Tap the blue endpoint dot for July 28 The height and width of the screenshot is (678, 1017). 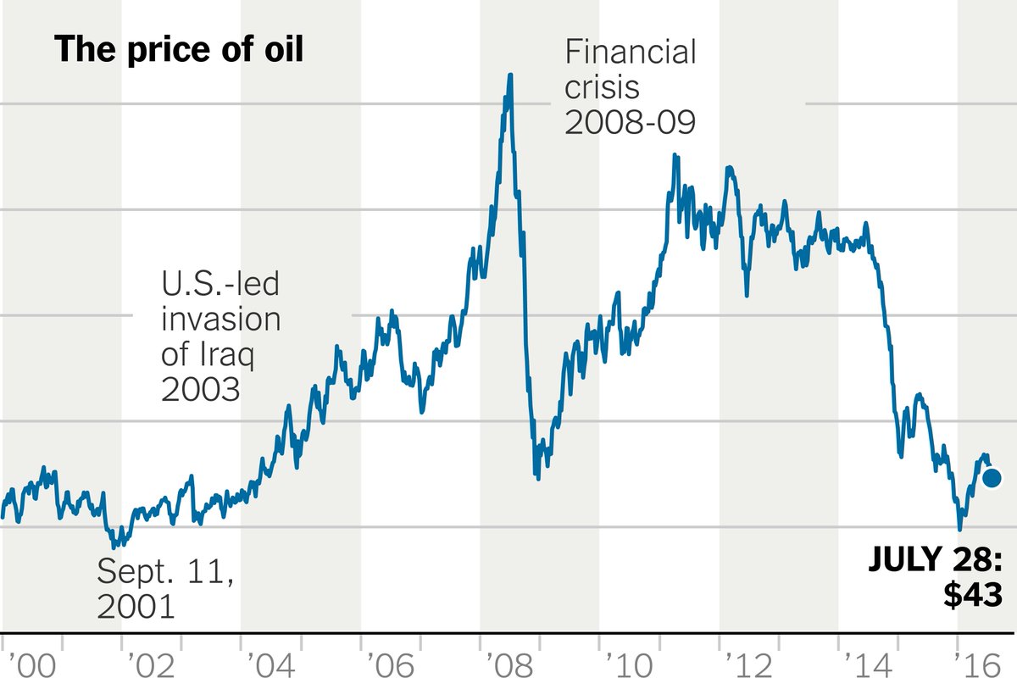pos(992,478)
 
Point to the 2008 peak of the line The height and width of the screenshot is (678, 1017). pos(510,75)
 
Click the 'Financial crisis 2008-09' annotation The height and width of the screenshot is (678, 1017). pos(631,87)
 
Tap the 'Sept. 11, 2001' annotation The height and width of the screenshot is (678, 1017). pos(165,588)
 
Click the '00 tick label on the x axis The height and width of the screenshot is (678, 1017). pos(31,664)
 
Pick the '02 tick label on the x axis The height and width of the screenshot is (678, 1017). pos(152,664)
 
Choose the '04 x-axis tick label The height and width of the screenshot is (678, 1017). pos(271,664)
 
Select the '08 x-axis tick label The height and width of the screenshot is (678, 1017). pos(511,664)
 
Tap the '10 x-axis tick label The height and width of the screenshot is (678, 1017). pos(630,664)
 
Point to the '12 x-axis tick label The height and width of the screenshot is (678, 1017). pos(750,664)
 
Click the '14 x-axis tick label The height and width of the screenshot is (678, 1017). pos(870,664)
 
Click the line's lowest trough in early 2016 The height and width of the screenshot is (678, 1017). pos(960,529)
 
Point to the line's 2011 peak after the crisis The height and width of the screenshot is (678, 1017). pos(675,155)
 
